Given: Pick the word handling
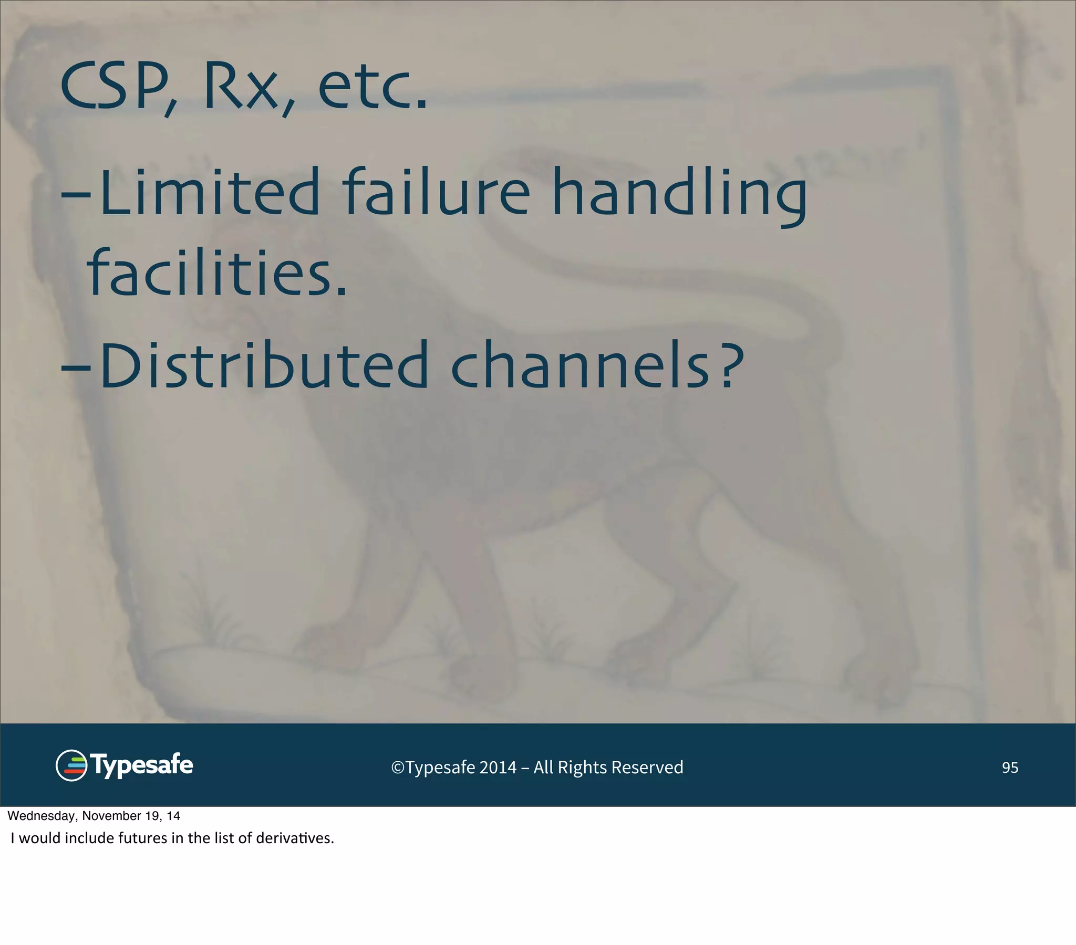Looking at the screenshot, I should (679, 194).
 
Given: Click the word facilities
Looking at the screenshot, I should (217, 272).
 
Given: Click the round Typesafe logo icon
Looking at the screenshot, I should (71, 765).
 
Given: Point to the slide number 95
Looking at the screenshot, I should (1010, 768).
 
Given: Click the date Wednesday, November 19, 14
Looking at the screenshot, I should (94, 816).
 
